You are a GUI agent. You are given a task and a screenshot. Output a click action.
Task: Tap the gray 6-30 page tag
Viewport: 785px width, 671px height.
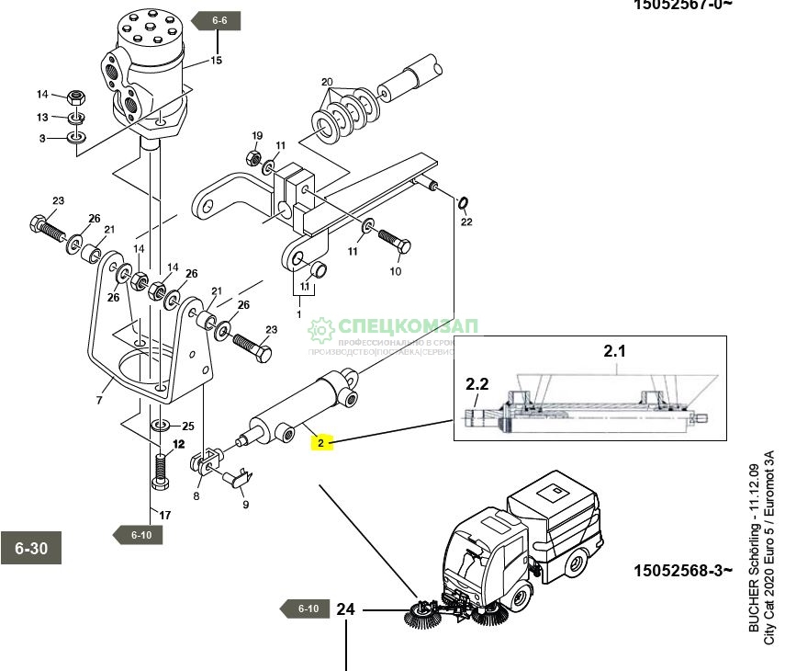[30, 549]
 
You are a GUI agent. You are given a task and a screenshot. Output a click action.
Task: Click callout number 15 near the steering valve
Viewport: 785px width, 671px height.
[216, 61]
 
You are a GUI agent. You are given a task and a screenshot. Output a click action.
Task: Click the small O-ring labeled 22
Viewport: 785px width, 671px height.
[463, 202]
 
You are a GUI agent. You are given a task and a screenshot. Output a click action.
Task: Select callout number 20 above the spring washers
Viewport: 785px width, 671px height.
[327, 82]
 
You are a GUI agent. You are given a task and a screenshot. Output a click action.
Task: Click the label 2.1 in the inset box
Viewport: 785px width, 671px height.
[613, 350]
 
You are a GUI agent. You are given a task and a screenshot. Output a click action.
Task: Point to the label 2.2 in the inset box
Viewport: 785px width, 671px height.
[477, 383]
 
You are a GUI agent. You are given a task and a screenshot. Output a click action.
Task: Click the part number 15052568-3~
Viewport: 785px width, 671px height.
[682, 570]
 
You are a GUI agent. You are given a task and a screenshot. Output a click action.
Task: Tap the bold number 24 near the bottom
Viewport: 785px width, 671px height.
[345, 608]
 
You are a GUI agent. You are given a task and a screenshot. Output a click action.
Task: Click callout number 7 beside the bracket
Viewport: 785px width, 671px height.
[98, 402]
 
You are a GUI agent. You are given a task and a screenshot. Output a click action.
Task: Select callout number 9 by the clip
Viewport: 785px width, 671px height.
[245, 504]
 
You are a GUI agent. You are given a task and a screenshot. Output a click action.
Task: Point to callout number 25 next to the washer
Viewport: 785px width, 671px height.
[188, 426]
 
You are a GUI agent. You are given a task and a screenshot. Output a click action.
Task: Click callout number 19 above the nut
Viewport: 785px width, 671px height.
[257, 135]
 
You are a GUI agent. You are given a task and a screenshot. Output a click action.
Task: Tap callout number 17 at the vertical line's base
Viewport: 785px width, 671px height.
[165, 515]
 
